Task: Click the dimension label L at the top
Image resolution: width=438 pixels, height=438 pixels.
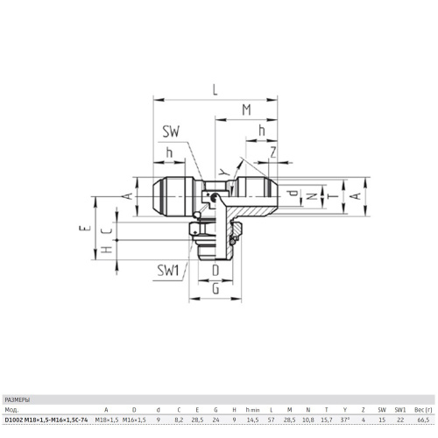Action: pyautogui.click(x=215, y=90)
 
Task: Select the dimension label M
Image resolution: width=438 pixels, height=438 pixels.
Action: pyautogui.click(x=247, y=110)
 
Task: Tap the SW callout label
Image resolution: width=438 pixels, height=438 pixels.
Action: pyautogui.click(x=171, y=131)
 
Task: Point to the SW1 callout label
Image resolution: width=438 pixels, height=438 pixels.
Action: pyautogui.click(x=168, y=271)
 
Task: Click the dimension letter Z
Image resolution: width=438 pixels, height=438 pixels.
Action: pyautogui.click(x=273, y=152)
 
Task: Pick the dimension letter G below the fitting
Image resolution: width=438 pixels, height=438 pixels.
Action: pyautogui.click(x=215, y=289)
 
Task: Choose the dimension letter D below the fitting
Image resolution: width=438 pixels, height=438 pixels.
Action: pyautogui.click(x=215, y=271)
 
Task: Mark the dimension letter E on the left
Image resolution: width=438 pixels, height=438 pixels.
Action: pyautogui.click(x=83, y=228)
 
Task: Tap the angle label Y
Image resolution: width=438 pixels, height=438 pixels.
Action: pyautogui.click(x=223, y=173)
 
